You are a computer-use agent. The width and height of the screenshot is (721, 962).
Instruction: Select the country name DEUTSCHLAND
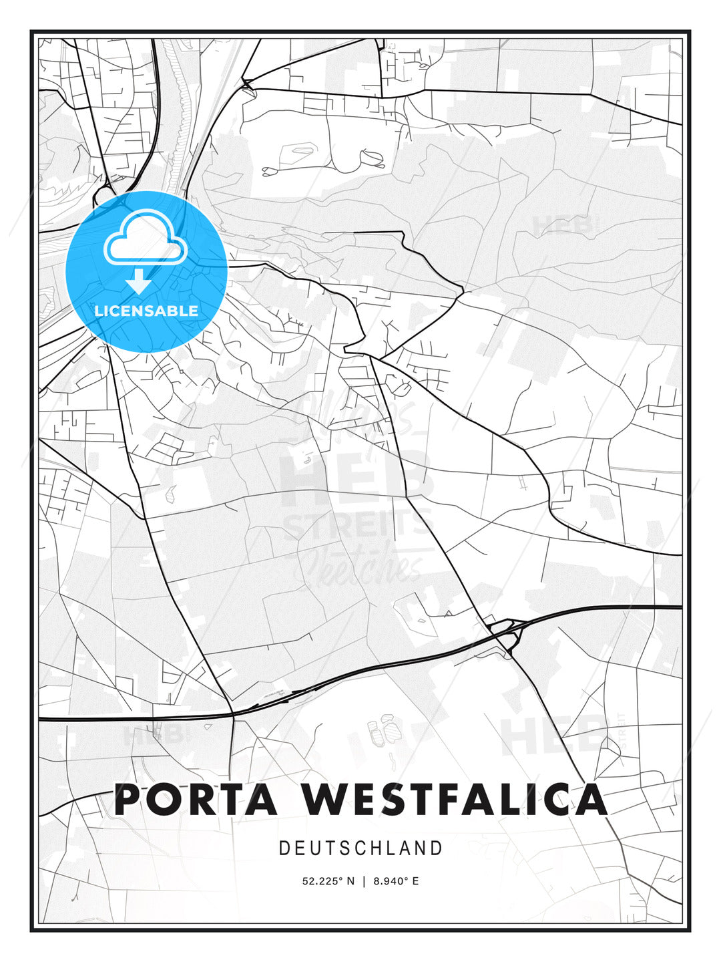(x=360, y=848)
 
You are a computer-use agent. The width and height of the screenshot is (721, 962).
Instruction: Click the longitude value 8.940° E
(x=396, y=881)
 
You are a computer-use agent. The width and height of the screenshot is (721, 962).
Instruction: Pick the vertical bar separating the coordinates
(x=364, y=881)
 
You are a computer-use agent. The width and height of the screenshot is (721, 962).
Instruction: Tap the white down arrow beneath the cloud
(x=139, y=281)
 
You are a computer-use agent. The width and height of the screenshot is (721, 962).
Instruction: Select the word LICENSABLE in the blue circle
(x=146, y=311)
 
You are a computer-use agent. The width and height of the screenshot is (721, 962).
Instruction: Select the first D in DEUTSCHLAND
(x=284, y=848)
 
